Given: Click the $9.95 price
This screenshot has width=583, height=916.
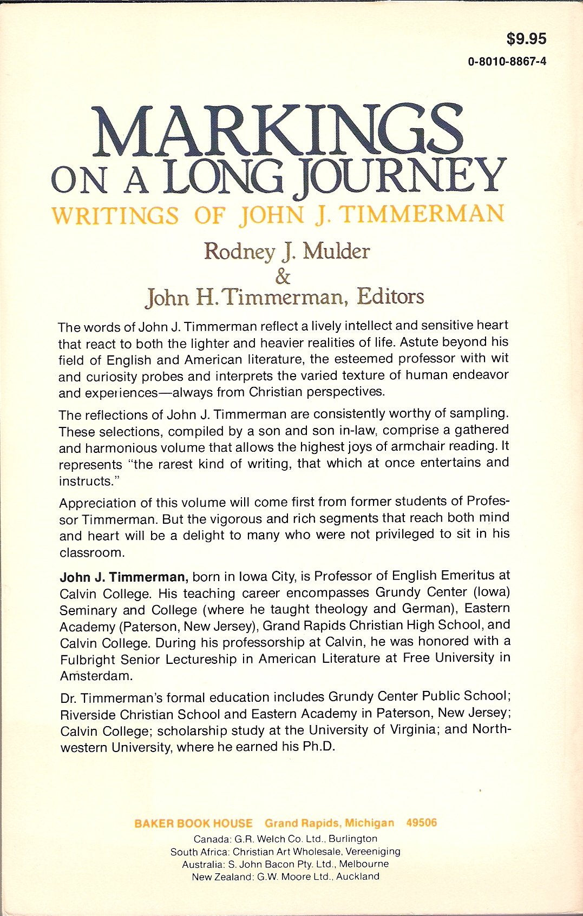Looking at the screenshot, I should point(526,39).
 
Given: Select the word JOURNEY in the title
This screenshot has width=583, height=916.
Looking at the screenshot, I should point(403,177).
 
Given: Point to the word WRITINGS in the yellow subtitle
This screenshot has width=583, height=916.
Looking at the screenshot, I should point(115,215).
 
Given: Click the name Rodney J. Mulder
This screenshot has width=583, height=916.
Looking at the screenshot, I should point(287,252).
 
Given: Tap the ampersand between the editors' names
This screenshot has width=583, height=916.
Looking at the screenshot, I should point(283,277).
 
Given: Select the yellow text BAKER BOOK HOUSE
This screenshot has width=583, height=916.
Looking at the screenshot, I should point(193,823).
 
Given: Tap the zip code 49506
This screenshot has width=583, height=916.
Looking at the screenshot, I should point(421,823).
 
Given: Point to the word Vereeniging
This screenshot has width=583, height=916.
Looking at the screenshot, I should point(371,851).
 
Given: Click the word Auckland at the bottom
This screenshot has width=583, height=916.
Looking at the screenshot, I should point(357,876).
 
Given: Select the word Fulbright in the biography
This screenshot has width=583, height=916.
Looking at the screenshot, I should point(88,660).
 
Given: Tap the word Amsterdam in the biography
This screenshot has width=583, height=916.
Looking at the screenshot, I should point(96,676).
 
